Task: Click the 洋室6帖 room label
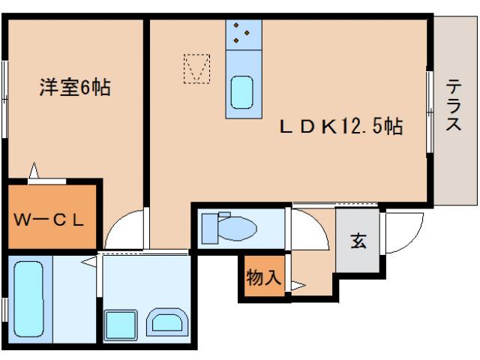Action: pos(74,88)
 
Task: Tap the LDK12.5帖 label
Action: pos(341,127)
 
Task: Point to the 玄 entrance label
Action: pos(358,241)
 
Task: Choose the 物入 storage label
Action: pos(262,278)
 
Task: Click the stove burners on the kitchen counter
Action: pos(241,32)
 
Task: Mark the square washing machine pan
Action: pos(119,325)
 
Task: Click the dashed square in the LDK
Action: pos(198,68)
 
